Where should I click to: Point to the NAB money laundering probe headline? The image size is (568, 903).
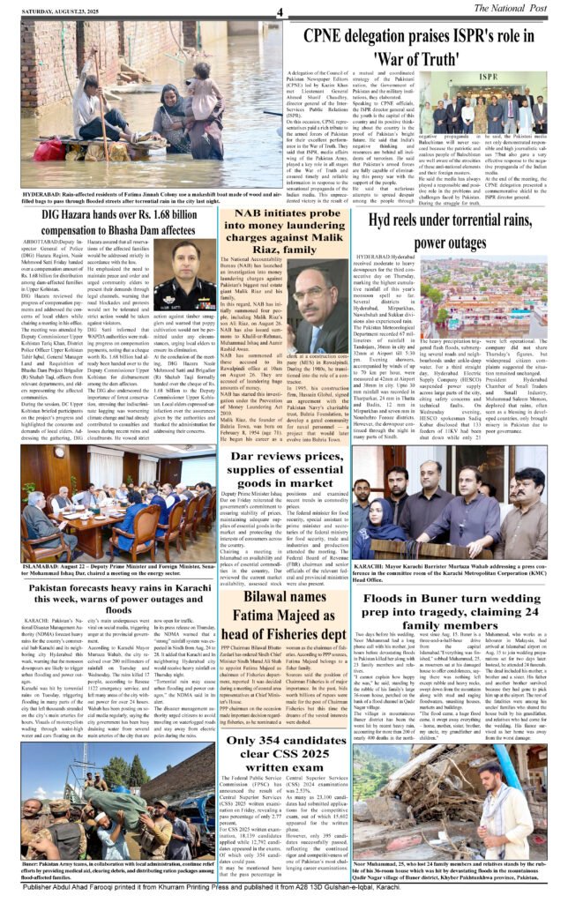tap(283, 236)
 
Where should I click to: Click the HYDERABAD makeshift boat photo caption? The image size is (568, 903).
tap(148, 205)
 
